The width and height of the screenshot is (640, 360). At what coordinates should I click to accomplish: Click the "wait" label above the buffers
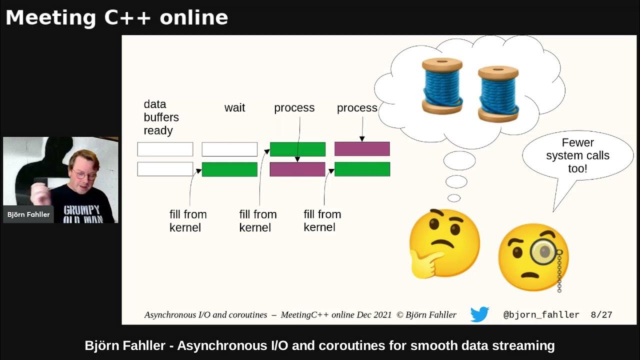234,108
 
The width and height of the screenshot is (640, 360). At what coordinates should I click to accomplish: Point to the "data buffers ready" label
161,117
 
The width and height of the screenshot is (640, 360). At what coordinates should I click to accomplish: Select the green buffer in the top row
297,149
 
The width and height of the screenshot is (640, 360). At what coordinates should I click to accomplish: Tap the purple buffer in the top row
362,149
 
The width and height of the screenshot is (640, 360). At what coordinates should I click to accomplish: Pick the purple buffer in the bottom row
297,169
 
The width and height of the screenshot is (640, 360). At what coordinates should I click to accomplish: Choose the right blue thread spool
498,92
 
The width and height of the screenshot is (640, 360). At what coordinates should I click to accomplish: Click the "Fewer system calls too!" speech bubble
577,156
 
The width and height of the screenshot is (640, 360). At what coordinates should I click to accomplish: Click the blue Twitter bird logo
479,314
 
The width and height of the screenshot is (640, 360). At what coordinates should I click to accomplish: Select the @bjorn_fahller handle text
541,315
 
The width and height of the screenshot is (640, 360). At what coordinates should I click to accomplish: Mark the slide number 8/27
601,315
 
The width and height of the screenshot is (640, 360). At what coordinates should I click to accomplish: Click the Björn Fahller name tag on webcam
28,214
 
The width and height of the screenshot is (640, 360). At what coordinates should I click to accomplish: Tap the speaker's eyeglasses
83,174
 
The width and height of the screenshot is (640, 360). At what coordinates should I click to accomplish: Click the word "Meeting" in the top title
50,18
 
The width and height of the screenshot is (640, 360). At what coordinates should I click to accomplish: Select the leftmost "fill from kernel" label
187,221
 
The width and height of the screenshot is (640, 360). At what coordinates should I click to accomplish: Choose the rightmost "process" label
357,108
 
